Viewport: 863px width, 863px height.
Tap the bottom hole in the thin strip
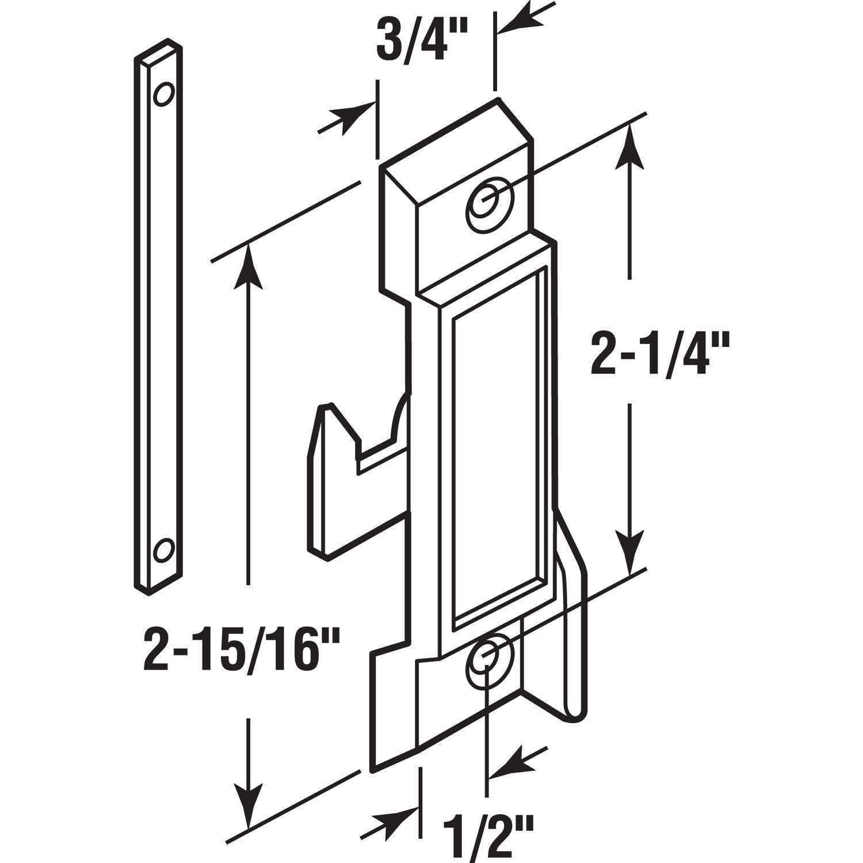click(163, 549)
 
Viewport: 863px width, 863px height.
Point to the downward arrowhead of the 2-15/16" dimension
click(249, 803)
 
